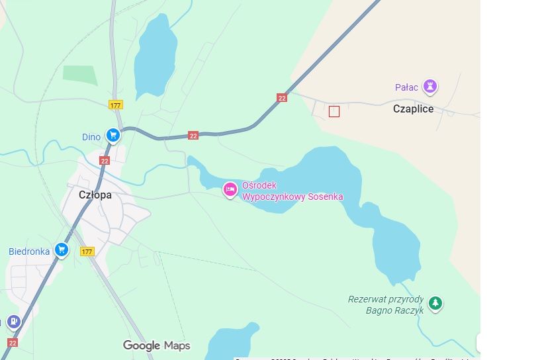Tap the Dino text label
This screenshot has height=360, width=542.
pos(91,138)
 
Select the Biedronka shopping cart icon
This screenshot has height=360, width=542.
pos(62,249)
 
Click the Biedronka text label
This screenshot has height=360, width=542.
pos(29,251)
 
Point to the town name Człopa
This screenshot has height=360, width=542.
pos(95,195)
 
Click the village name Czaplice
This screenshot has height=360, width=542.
pos(413,109)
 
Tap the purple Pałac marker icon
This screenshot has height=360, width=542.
pos(431,86)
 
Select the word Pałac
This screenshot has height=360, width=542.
pos(406,87)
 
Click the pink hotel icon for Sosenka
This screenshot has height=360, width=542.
pos(230,189)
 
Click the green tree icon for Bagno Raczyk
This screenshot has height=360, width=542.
pos(435,303)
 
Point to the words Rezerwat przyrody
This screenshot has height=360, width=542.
pos(385,299)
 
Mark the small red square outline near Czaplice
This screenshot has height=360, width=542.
pos(334,112)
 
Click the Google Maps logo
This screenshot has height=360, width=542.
pos(156,345)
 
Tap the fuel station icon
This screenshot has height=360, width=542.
pos(13,322)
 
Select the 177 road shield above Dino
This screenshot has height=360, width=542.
pos(116,105)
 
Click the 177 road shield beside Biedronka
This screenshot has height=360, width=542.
pos(87,251)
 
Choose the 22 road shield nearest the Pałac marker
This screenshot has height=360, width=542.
pos(282,98)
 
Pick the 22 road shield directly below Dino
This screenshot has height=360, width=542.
pos(105,160)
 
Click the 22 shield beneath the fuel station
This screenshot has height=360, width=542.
pos(13,342)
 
